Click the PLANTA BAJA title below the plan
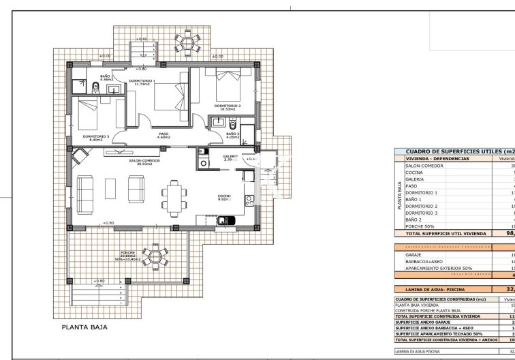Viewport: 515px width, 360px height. (x=82, y=327)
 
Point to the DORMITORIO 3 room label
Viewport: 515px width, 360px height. (x=96, y=136)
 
